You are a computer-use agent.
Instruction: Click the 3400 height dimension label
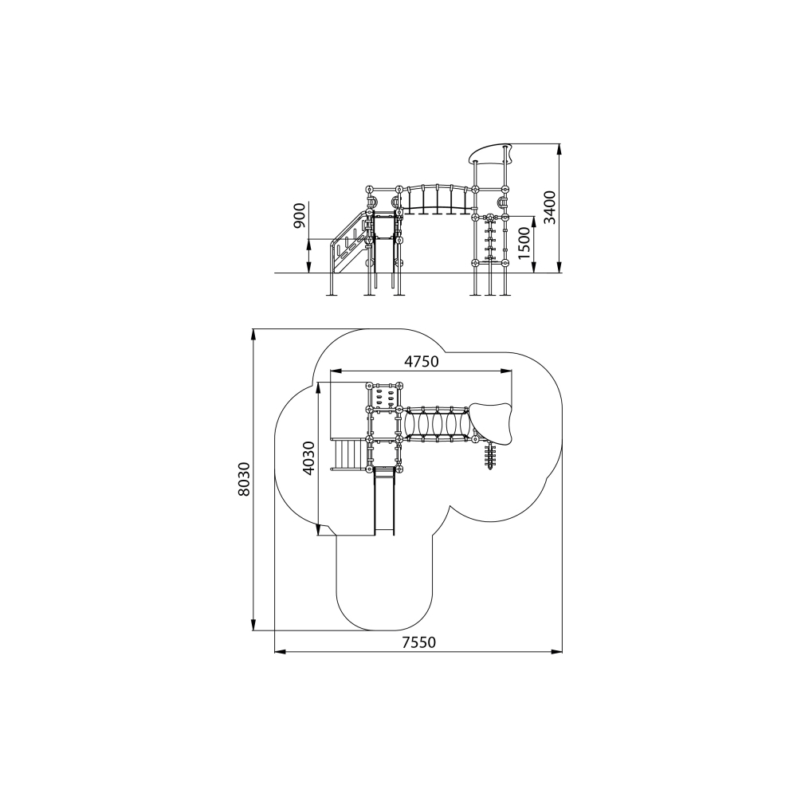(x=550, y=207)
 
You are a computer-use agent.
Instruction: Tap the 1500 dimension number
(x=524, y=243)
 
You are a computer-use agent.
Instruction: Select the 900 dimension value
(x=300, y=216)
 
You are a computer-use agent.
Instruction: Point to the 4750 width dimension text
(x=422, y=361)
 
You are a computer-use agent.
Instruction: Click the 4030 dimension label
(x=308, y=458)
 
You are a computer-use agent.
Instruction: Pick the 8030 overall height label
(x=245, y=479)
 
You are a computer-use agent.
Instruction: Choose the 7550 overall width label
(x=419, y=642)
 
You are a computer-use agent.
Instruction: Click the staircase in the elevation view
(x=349, y=243)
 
